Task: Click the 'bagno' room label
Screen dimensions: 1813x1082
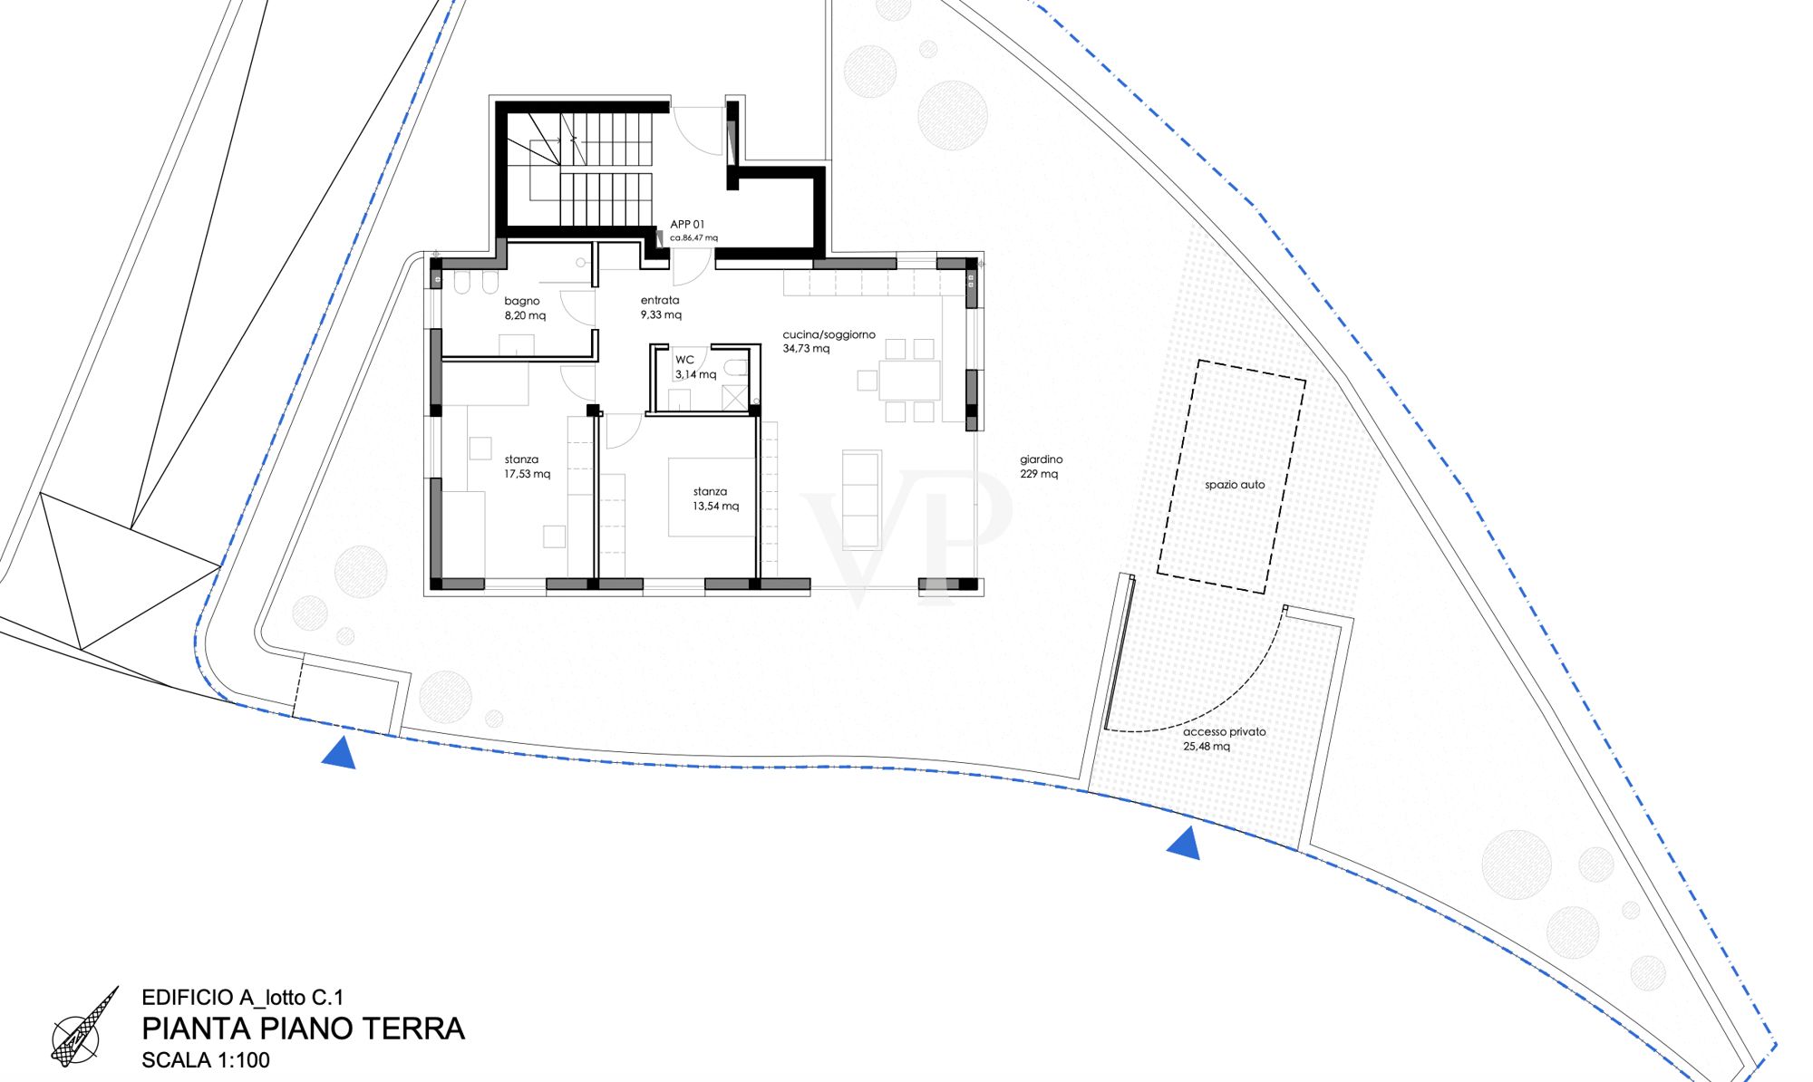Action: pos(522,301)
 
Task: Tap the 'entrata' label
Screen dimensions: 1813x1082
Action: pos(660,300)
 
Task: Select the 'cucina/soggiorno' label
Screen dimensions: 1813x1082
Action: pos(829,334)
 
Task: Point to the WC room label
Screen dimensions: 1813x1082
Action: pos(684,360)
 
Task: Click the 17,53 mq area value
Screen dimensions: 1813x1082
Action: pos(528,474)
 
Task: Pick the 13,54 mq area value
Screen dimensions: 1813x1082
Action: pos(716,507)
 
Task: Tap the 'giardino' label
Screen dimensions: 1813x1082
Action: pos(1042,459)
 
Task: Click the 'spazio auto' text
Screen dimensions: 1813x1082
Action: pos(1235,485)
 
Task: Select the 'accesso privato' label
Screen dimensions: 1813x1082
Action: pos(1225,731)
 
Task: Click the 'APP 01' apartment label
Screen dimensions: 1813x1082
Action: pos(687,224)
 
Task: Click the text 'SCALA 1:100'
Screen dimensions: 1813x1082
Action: pos(206,1059)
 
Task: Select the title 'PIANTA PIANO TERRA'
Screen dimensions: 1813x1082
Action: pos(304,1029)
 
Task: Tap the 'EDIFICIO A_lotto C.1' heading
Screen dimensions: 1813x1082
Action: pos(243,998)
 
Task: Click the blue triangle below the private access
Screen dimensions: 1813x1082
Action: pos(1184,845)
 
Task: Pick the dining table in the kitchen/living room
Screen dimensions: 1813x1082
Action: pos(909,381)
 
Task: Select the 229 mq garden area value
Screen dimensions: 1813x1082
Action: pos(1039,474)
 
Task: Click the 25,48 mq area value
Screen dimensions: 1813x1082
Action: pos(1207,747)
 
